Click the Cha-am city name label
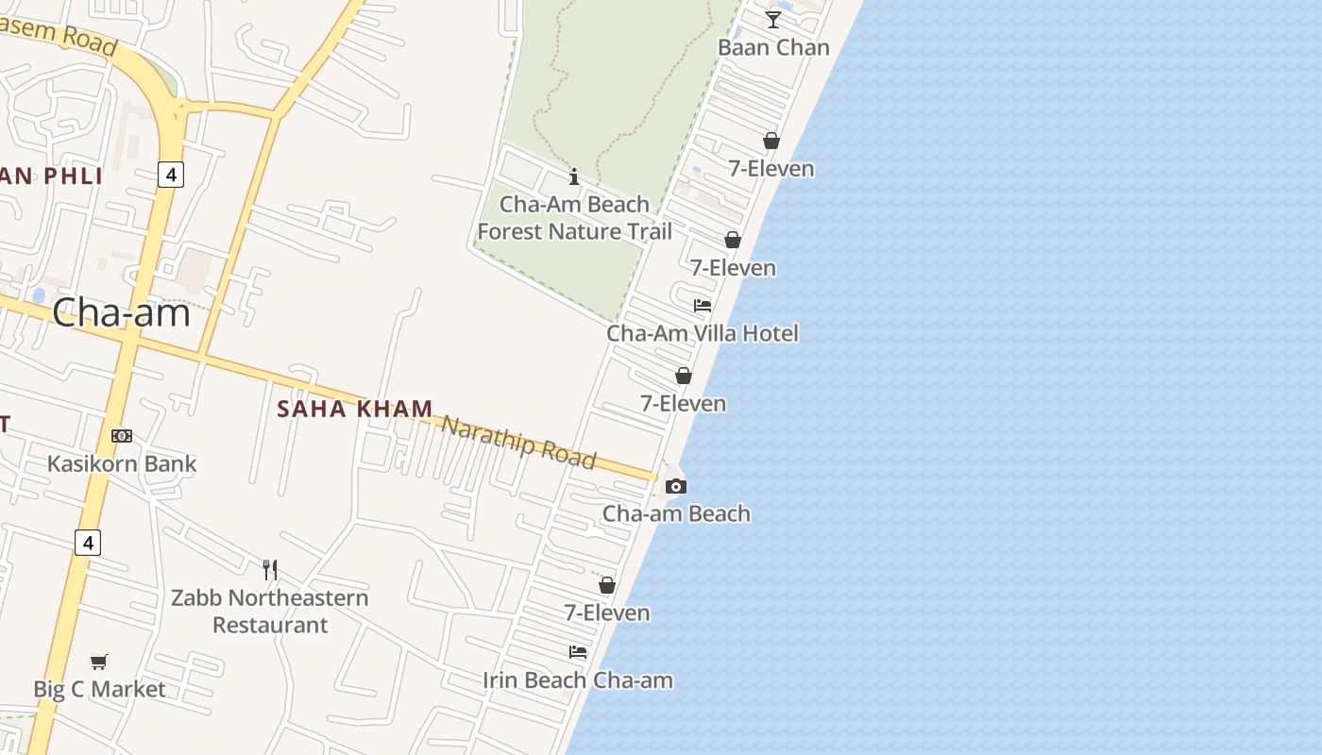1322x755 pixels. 121,312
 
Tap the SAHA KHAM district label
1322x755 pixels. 355,409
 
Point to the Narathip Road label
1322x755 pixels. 518,442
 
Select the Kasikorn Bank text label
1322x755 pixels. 122,463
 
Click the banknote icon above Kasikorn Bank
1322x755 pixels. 122,436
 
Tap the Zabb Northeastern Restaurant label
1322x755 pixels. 270,611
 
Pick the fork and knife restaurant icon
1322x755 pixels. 270,569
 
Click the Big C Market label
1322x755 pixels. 99,689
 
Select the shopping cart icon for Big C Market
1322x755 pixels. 99,662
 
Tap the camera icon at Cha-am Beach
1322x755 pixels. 676,487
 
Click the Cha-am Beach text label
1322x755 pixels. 676,513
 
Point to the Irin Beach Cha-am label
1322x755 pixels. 578,680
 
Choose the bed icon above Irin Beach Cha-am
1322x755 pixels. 578,652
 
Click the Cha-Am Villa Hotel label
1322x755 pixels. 702,333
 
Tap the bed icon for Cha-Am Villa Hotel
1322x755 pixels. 703,306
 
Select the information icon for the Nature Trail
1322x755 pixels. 574,176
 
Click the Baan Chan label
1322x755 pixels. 773,47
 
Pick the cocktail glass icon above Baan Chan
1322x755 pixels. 773,20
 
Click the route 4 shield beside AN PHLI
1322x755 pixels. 170,175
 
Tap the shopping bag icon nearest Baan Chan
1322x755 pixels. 771,141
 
